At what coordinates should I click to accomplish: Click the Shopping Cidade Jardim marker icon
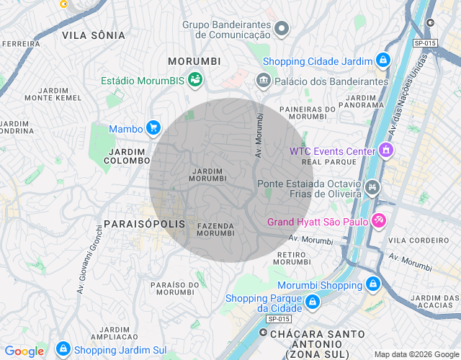pyautogui.click(x=385, y=61)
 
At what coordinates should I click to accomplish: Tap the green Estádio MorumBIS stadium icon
pyautogui.click(x=194, y=80)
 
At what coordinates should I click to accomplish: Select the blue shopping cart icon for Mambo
pyautogui.click(x=153, y=128)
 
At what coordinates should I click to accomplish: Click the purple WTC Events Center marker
pyautogui.click(x=387, y=150)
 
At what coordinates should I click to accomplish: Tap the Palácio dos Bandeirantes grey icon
pyautogui.click(x=263, y=80)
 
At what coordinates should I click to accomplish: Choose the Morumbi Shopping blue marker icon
pyautogui.click(x=372, y=285)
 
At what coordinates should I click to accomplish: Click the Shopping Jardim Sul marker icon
pyautogui.click(x=63, y=351)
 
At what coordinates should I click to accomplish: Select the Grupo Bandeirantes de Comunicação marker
pyautogui.click(x=282, y=29)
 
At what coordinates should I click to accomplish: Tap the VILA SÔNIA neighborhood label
pyautogui.click(x=94, y=35)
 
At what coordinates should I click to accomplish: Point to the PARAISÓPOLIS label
pyautogui.click(x=145, y=224)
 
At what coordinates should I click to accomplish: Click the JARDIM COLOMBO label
pyautogui.click(x=127, y=156)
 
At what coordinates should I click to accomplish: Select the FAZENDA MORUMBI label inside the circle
pyautogui.click(x=215, y=229)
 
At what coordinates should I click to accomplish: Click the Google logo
pyautogui.click(x=24, y=351)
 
